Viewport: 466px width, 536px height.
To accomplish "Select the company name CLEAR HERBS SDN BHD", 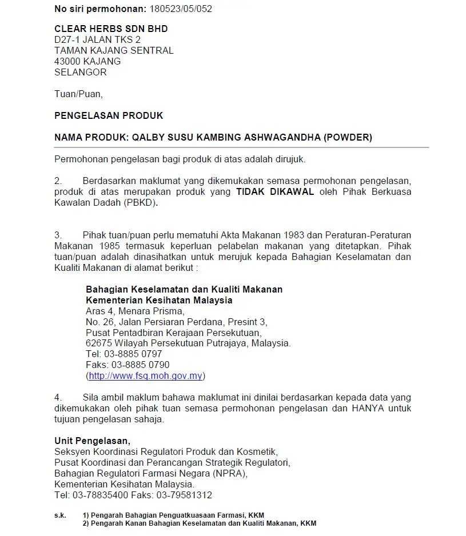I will click(x=111, y=29).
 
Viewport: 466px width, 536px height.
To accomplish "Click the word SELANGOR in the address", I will click(x=80, y=72).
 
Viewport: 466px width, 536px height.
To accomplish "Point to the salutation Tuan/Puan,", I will click(x=78, y=94).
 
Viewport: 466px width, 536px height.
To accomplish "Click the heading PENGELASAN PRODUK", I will click(x=109, y=115).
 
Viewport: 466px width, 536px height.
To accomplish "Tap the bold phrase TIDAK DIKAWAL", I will click(x=275, y=191).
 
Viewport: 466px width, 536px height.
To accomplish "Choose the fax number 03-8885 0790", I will click(x=140, y=365).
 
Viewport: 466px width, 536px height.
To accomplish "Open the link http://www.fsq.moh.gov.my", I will click(x=145, y=376).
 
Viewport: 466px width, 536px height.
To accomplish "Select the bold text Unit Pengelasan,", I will click(x=92, y=441).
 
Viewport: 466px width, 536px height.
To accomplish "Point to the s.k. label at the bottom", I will click(x=60, y=515).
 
